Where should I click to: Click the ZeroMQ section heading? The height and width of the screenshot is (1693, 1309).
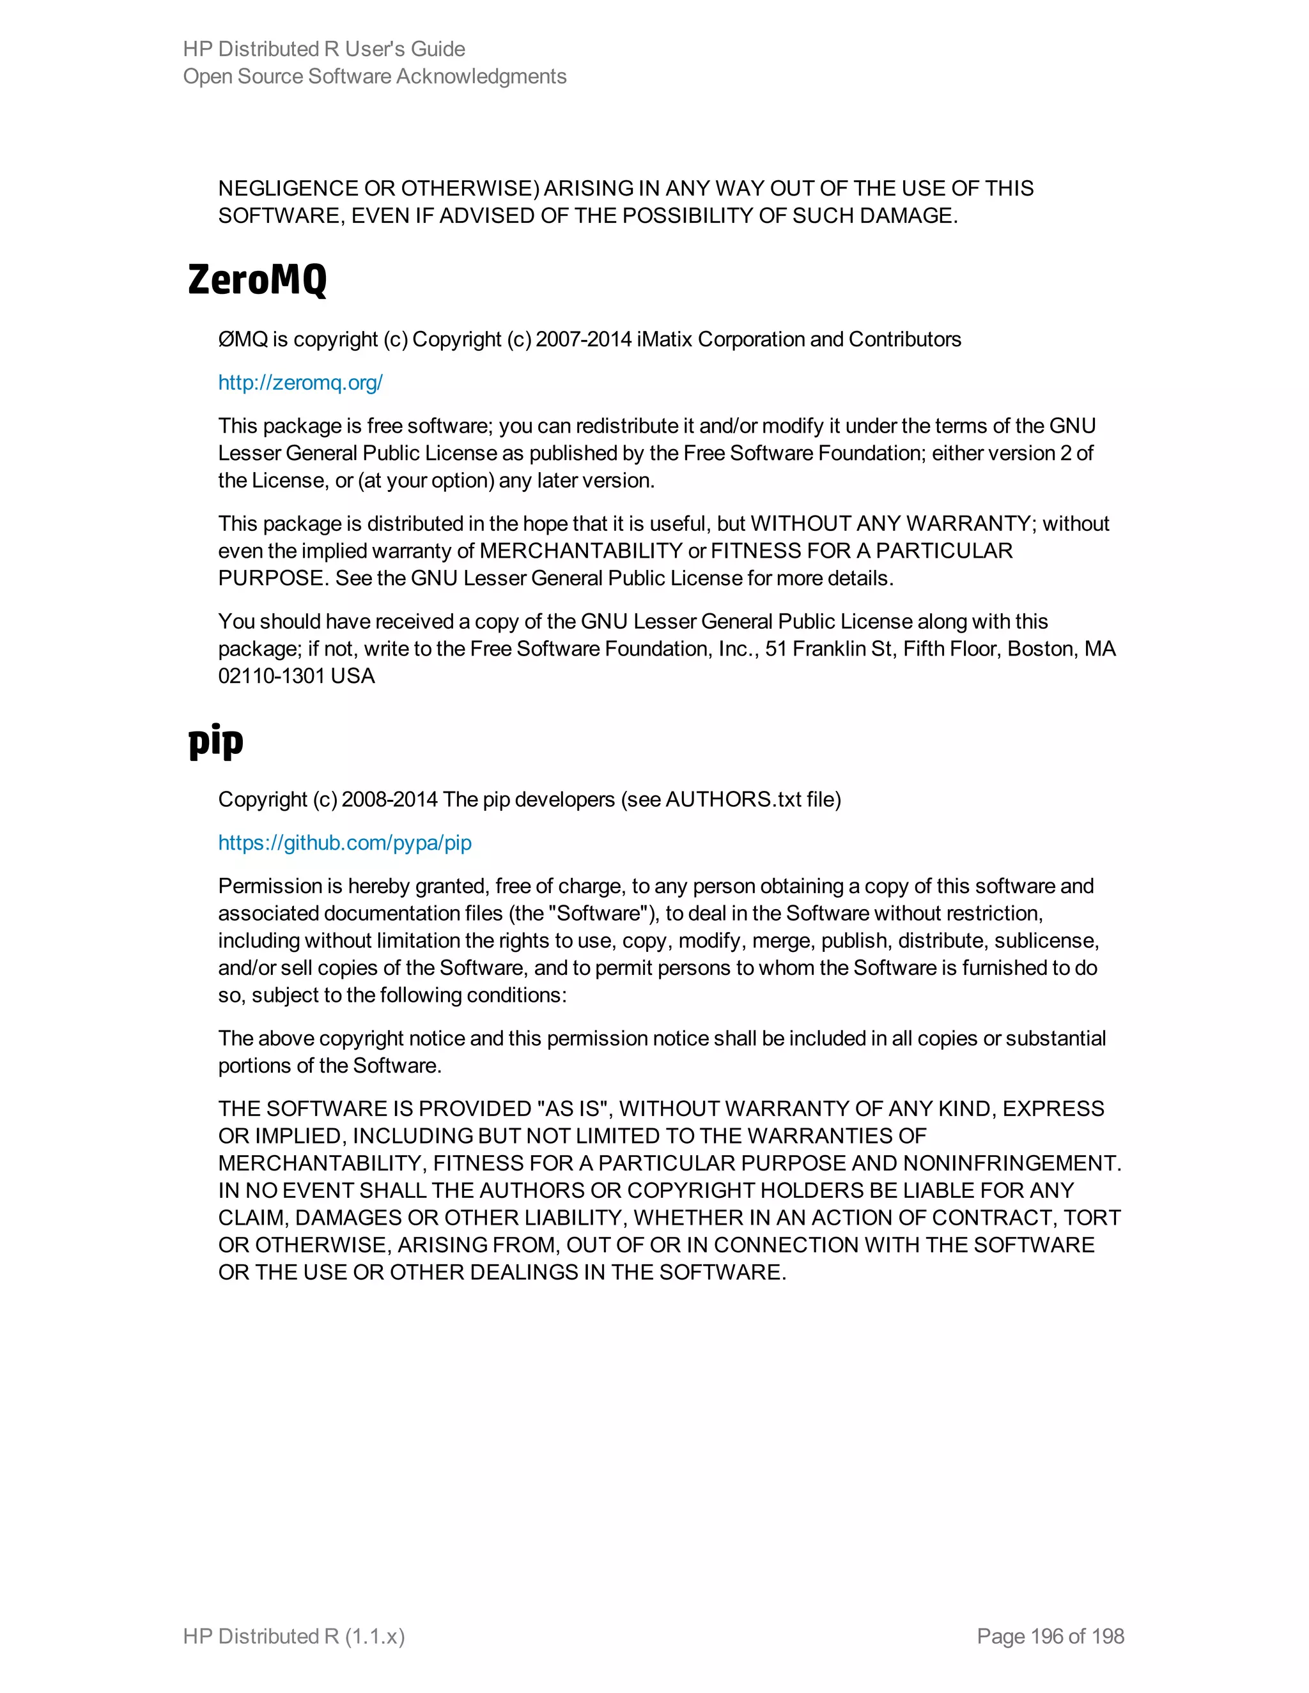tap(258, 280)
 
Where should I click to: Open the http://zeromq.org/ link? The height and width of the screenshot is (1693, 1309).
tap(300, 382)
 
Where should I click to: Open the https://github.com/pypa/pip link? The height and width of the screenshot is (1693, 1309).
tap(345, 843)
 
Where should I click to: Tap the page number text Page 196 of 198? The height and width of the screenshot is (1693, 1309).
tap(1050, 1636)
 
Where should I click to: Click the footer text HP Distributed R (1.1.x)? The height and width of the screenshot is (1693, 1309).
tap(294, 1636)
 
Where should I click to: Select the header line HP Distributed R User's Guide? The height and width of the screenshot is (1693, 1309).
tap(324, 49)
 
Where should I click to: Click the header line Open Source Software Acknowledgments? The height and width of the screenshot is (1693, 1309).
tap(375, 76)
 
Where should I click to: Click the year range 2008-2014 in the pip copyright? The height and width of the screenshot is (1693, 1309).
tap(389, 799)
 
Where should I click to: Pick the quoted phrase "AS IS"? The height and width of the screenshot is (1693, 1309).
tap(570, 1108)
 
